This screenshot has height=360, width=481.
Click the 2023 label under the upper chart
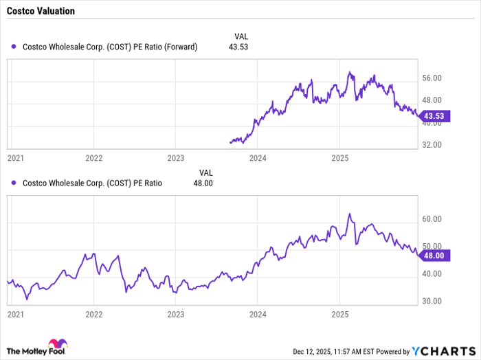pyautogui.click(x=176, y=157)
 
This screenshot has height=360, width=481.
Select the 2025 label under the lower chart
pyautogui.click(x=339, y=313)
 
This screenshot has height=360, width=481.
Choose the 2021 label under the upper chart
pyautogui.click(x=15, y=157)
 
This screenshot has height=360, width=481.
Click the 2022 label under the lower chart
pyautogui.click(x=94, y=313)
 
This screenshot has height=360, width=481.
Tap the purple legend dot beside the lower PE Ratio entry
pyautogui.click(x=14, y=183)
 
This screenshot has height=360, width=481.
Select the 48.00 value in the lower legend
pyautogui.click(x=208, y=183)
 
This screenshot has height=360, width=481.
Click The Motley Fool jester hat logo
pyautogui.click(x=56, y=344)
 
